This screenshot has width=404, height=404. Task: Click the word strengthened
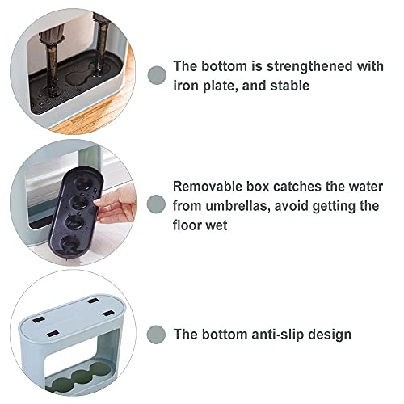(309, 66)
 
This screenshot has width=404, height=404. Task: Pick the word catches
(297, 187)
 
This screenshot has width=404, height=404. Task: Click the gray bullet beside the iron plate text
(158, 75)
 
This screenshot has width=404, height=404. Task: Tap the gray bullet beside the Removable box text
(156, 204)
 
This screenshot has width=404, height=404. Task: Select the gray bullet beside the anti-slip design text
(156, 335)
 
